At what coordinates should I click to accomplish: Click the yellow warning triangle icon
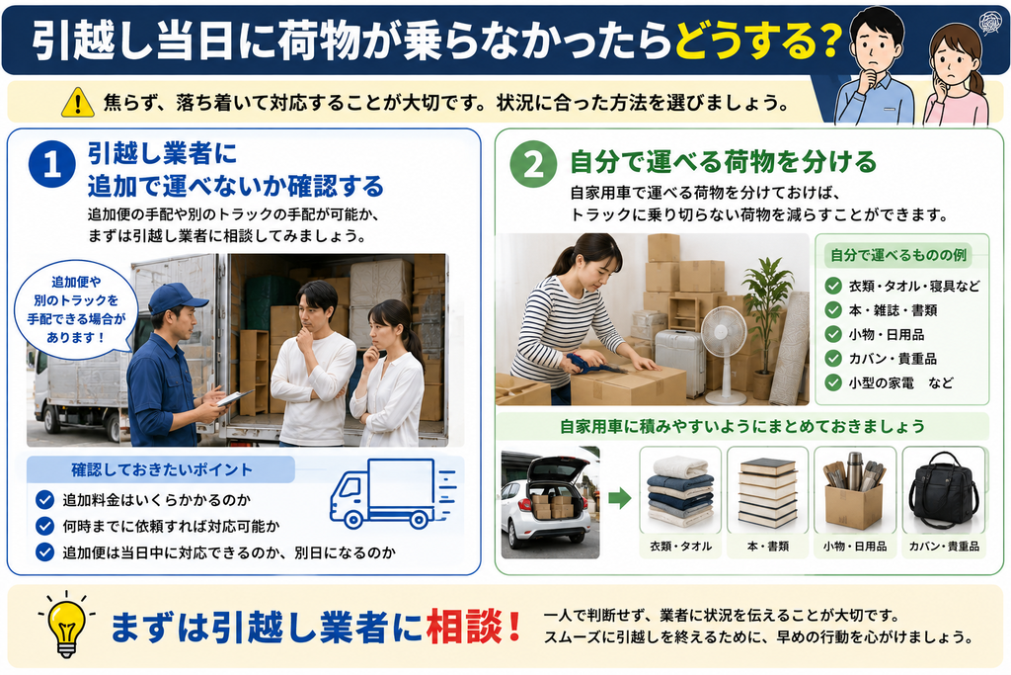point(77,102)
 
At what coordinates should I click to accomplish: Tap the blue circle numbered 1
point(52,165)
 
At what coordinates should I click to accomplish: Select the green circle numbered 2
point(533,164)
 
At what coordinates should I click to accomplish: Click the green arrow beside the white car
point(619,498)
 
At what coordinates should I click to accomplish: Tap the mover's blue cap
point(178,297)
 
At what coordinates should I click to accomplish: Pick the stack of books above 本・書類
point(767,493)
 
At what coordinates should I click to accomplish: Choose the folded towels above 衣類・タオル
point(680,492)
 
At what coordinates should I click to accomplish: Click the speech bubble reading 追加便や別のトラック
point(76,309)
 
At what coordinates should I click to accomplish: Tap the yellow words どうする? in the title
point(758,42)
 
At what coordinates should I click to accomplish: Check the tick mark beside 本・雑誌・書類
point(833,309)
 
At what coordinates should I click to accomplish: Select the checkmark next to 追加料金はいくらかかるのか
point(44,499)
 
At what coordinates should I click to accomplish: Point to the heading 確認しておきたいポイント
point(161,469)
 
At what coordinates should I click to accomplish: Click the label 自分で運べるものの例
point(897,255)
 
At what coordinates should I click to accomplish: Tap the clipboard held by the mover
point(235,397)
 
